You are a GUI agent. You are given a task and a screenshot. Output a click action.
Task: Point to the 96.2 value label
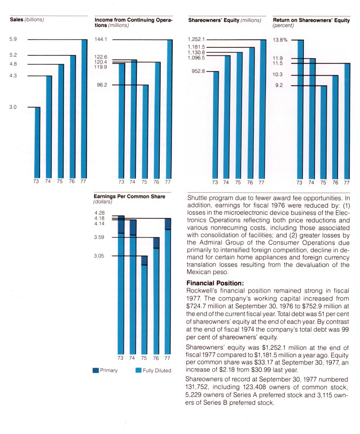coord(101,85)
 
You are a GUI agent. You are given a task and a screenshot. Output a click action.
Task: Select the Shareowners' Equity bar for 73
coord(216,124)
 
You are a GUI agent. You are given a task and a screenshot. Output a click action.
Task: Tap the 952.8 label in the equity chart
coord(198,71)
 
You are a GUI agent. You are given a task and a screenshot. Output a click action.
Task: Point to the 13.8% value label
coord(280,40)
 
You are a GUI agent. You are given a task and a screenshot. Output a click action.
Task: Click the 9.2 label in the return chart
coord(279,86)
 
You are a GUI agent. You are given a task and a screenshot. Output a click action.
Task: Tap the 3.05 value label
coord(99,256)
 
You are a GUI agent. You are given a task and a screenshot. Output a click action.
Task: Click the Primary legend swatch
coord(95,371)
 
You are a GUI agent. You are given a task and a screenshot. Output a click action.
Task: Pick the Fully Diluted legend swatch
coord(139,371)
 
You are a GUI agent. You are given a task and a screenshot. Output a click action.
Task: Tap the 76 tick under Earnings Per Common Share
coord(156,358)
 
